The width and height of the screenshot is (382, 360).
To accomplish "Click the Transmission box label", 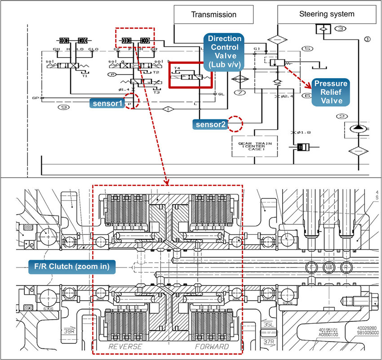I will pos(214,14).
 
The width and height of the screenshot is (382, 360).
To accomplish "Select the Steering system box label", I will pos(327,14).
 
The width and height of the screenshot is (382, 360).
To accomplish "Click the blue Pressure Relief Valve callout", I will pos(331,92).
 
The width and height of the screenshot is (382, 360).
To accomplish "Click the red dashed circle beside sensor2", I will pos(235,124).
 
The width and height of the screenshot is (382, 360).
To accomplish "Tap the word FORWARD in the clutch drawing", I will pos(212,347).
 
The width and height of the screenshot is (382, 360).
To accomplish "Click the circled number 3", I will pos(341,29).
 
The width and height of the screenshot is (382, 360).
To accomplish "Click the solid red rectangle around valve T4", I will pos(190,75).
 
